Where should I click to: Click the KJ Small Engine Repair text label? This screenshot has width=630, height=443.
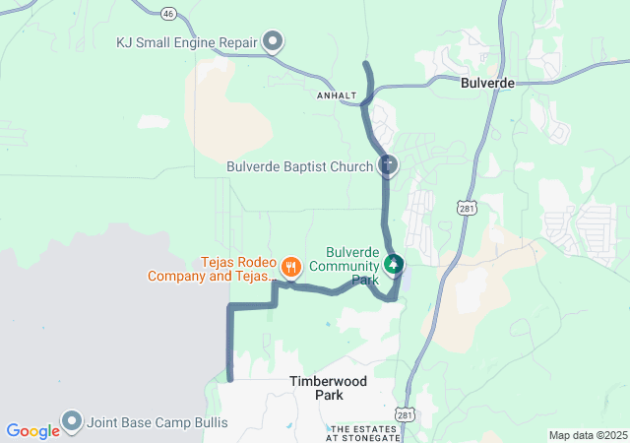pos(186,42)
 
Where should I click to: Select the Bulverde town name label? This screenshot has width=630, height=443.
pos(487,84)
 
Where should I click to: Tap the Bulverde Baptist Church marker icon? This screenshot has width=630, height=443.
pos(389,166)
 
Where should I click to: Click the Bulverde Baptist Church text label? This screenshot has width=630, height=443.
pos(299,166)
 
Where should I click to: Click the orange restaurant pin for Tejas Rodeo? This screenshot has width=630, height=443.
pos(290,265)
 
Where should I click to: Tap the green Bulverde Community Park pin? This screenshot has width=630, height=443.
pos(394,264)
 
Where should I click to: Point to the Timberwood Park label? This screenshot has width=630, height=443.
pos(316,387)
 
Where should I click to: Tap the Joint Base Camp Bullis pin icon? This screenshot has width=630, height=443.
pos(71,421)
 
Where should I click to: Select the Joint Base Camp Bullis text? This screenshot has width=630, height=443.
pos(157,423)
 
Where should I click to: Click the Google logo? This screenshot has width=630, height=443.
pos(32,431)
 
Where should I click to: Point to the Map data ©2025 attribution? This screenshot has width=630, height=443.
pos(587,435)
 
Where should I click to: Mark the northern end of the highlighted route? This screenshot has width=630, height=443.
pos(366,64)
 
